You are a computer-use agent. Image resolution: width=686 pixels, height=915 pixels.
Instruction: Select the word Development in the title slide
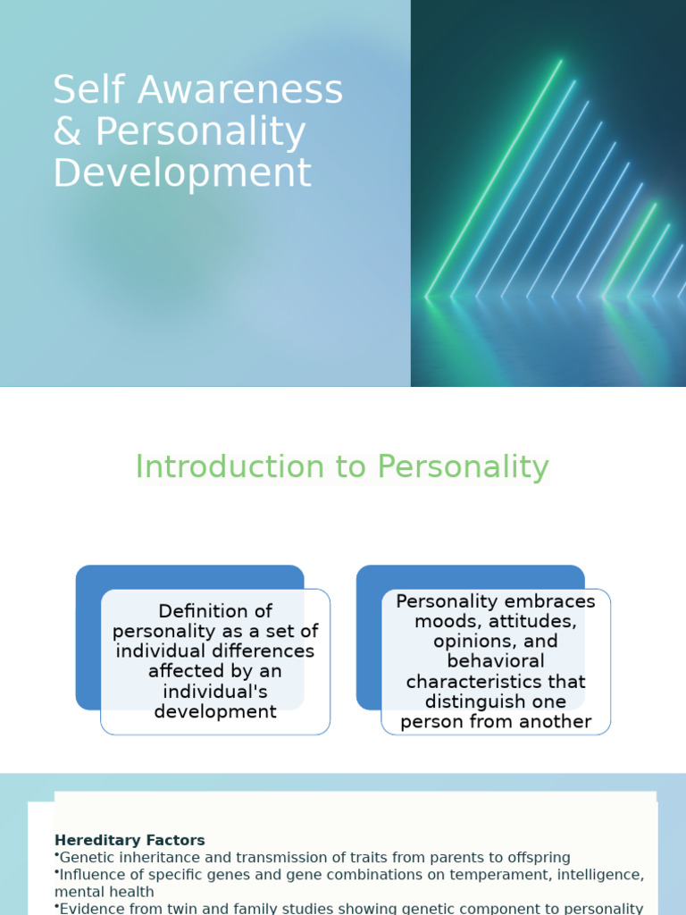point(182,173)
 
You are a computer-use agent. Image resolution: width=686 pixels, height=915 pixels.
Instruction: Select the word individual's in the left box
point(215,692)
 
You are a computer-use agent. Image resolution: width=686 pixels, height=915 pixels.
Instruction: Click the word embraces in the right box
point(547,601)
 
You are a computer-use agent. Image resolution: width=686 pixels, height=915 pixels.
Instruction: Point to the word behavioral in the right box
point(496,661)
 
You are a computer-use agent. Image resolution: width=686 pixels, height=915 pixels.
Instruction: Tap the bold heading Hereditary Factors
point(130,841)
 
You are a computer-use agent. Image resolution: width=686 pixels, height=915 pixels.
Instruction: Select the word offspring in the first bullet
point(537,858)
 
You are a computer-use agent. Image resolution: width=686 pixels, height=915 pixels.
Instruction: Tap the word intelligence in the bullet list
point(597,875)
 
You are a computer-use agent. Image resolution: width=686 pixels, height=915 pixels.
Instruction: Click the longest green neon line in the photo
point(494,178)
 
